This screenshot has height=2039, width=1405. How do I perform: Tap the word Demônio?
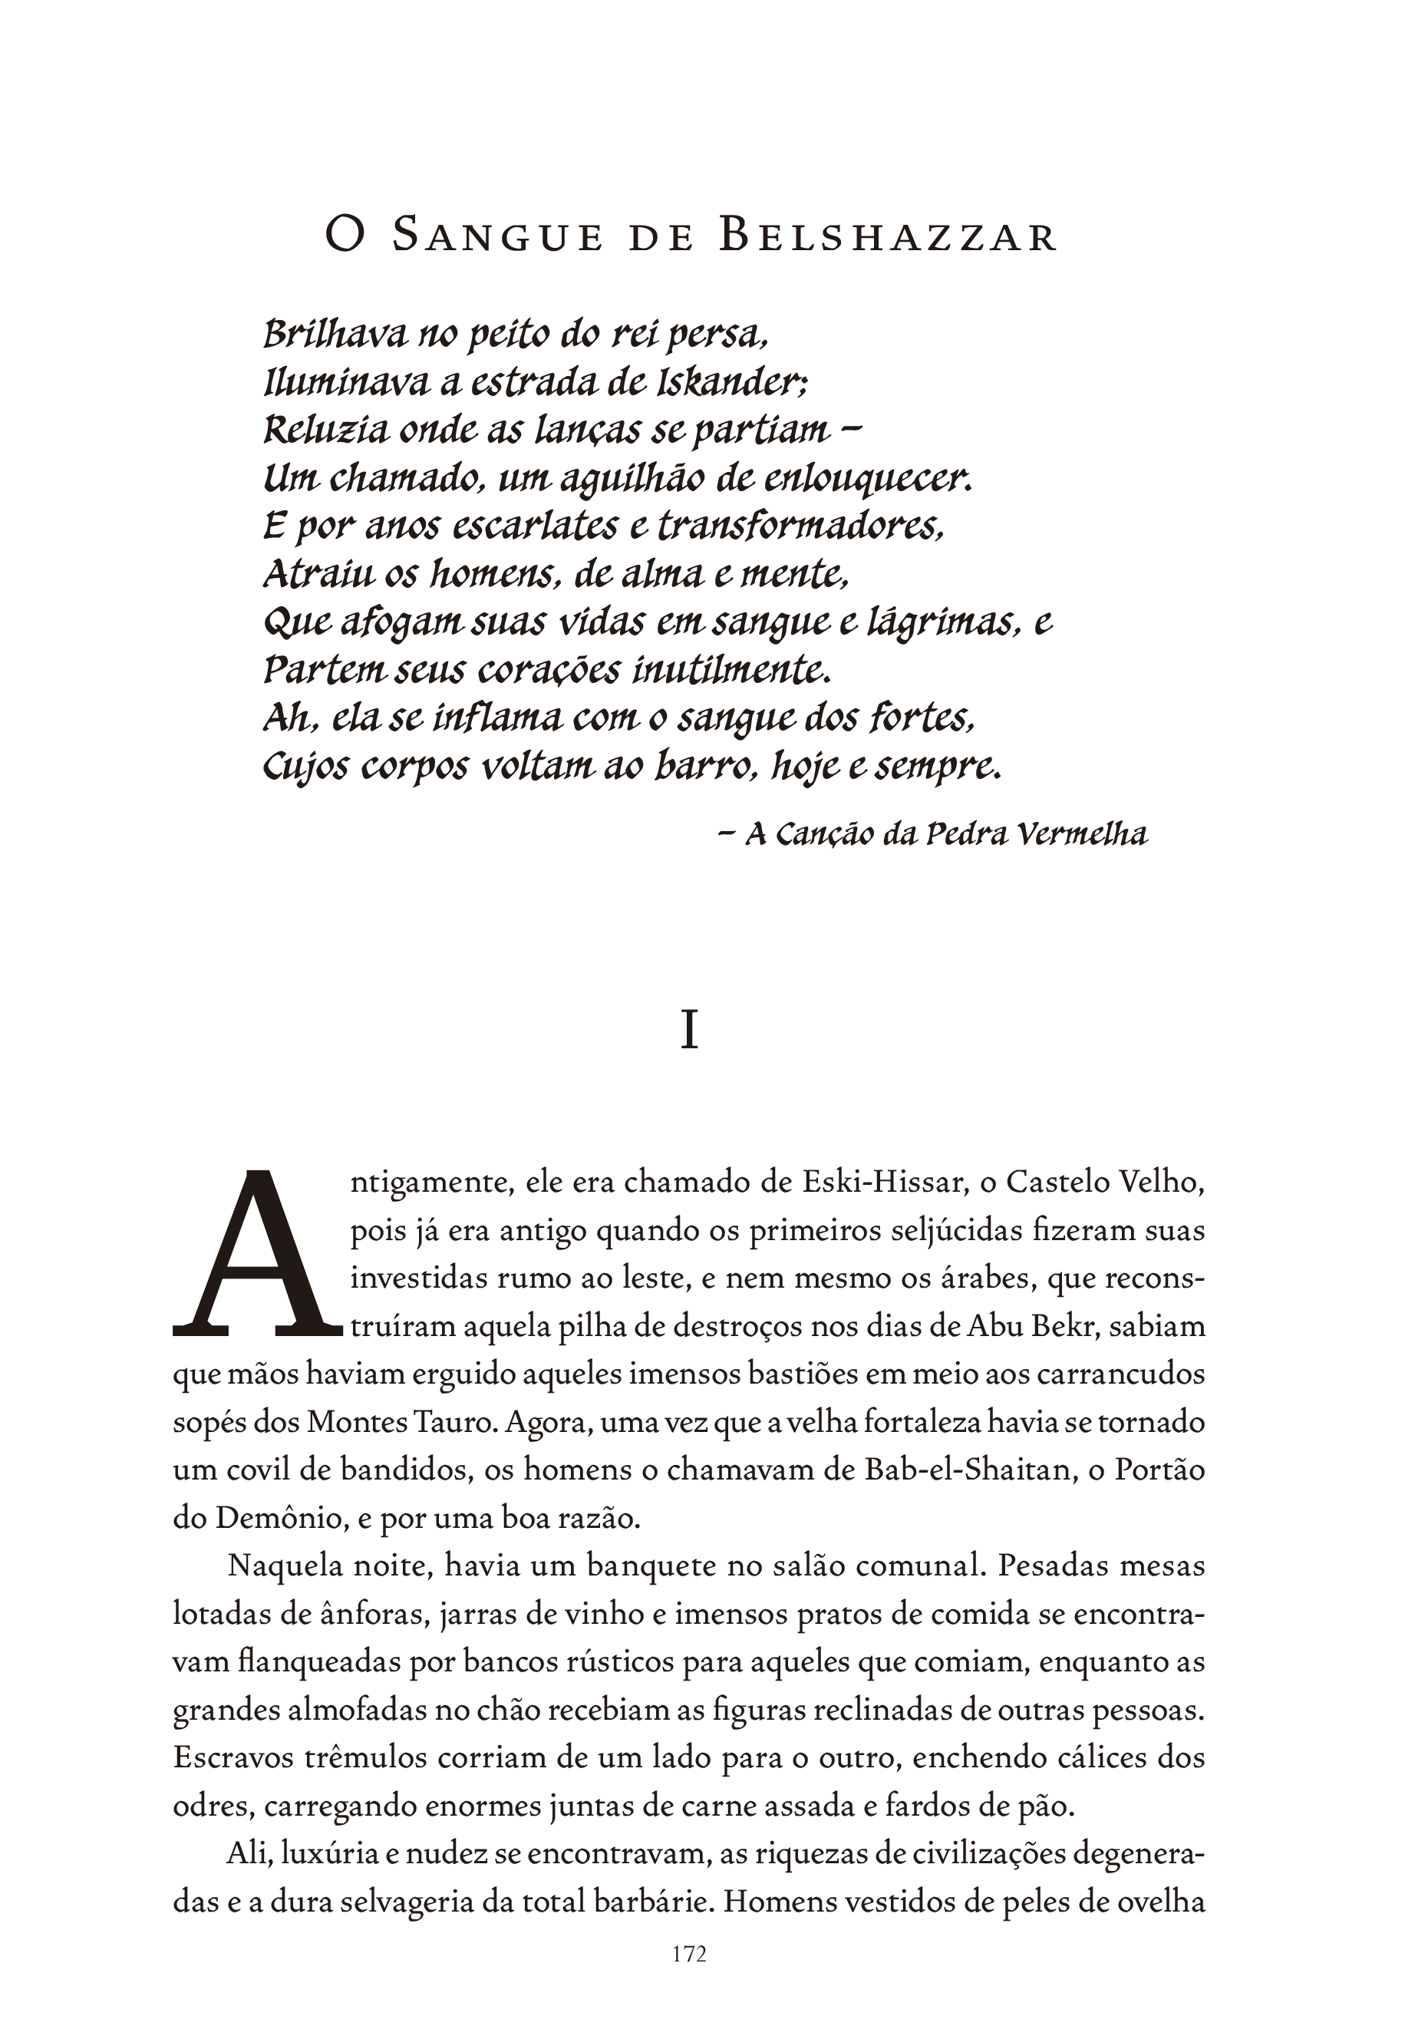pos(285,1519)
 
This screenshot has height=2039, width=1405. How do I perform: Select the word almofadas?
pos(357,1711)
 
